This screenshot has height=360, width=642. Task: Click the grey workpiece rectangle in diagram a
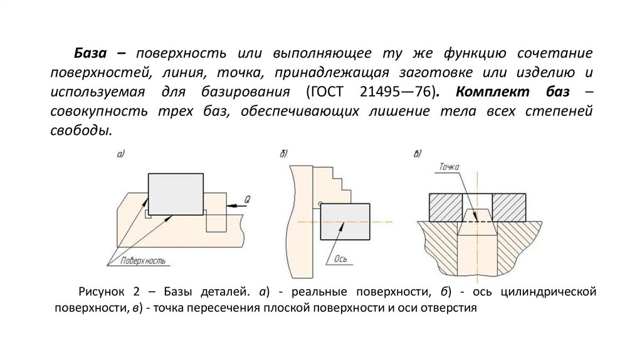click(176, 194)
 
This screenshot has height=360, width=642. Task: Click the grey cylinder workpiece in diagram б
click(344, 221)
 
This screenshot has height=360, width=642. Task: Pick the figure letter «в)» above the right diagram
click(418, 154)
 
